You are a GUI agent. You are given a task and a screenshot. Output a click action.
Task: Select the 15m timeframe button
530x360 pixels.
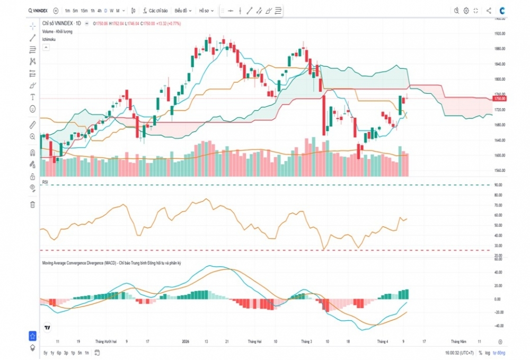tap(84, 11)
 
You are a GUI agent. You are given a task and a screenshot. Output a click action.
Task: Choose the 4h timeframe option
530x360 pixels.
tap(99, 11)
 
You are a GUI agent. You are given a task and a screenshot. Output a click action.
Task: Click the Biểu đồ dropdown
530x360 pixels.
tap(183, 11)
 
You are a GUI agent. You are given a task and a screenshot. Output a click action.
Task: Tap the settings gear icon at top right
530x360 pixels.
tap(466, 11)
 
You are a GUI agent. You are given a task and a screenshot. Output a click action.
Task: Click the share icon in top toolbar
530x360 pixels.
tap(489, 11)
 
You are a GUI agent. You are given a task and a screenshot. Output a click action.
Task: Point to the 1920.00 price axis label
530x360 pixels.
tap(500, 33)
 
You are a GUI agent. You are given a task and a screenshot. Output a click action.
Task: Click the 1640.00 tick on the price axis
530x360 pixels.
tap(500, 141)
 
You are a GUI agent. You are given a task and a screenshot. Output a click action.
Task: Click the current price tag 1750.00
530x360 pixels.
tap(500, 99)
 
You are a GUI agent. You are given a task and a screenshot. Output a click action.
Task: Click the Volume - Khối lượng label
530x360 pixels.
tap(57, 32)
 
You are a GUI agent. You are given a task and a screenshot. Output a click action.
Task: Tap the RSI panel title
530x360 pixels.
tap(46, 182)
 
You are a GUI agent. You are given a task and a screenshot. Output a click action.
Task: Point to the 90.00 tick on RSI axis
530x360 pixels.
tap(498, 185)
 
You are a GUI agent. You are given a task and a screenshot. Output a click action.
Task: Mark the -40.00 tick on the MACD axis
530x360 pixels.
tap(498, 326)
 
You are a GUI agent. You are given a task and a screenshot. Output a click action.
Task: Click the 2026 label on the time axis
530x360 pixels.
tap(185, 342)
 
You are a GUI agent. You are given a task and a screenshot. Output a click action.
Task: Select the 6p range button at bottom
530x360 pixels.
tap(59, 353)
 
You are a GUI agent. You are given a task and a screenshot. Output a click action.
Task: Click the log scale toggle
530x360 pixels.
tap(487, 353)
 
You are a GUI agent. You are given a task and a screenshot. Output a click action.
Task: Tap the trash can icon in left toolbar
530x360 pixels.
tap(33, 204)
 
